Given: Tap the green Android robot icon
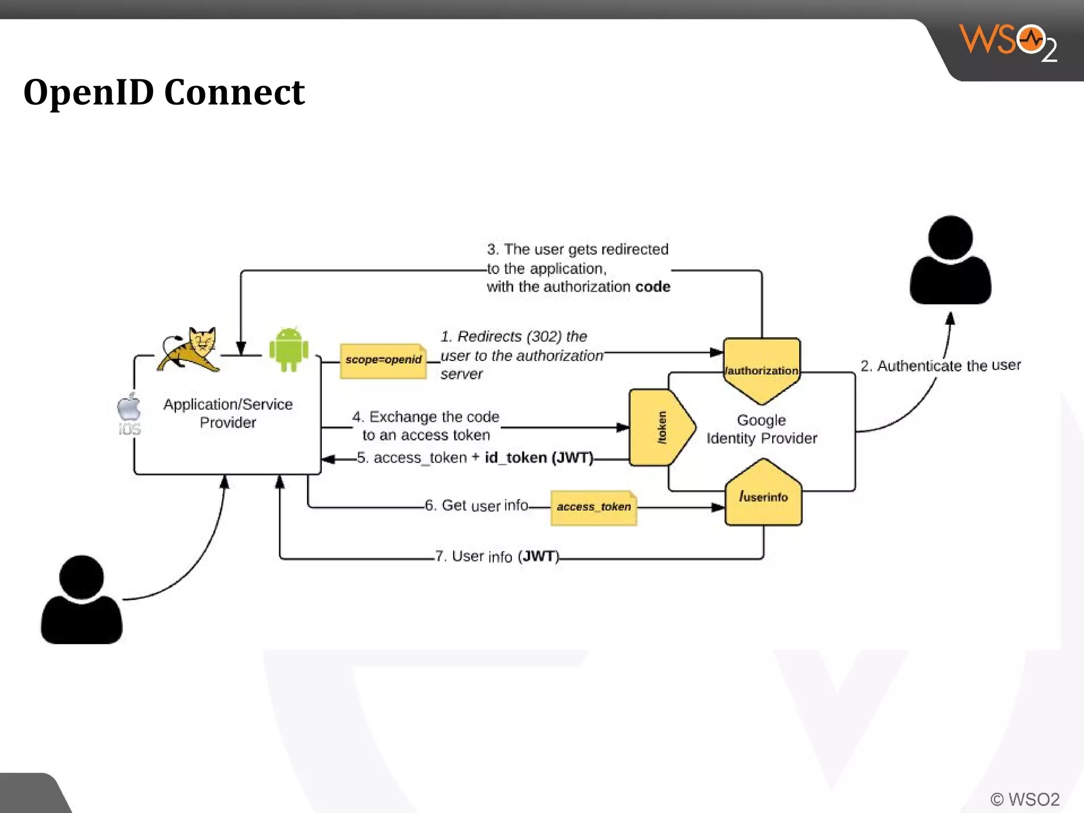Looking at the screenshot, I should pos(288,350).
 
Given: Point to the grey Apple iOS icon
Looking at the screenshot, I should pos(129,413).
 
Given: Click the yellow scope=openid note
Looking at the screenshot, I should pos(383,360).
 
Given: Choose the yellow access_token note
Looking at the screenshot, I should pos(593,507).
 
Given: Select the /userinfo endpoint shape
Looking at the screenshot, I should pos(763,495).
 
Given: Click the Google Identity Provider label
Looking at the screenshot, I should pos(762,429).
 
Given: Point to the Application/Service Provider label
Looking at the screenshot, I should pos(228,413).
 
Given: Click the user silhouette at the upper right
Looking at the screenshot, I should pos(950,261).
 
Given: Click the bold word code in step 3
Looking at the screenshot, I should pos(653,287).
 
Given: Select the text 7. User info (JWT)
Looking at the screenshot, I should pos(497,556).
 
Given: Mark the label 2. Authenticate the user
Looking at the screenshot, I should pos(940,366).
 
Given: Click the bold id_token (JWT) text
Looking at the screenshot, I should pos(539,458).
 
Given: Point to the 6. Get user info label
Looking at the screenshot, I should pos(476,505).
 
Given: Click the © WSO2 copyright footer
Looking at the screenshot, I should pos(1025,799).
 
